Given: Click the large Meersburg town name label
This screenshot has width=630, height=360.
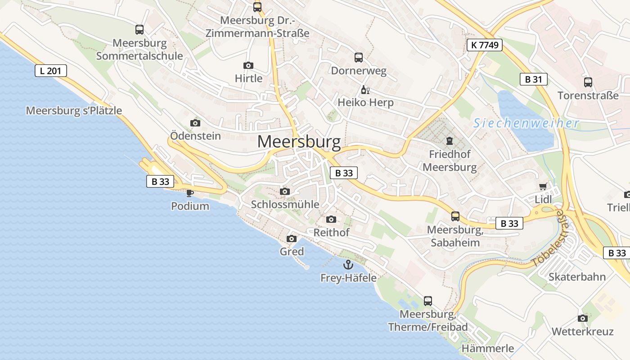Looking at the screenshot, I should coord(299,142).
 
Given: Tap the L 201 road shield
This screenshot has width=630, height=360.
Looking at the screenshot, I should coord(51,71).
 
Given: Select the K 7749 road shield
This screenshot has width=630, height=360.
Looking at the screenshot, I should coord(484,45).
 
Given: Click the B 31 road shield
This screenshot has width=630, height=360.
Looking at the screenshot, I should coord(533,80).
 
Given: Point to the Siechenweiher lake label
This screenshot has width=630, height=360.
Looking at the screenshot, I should coord(526,123).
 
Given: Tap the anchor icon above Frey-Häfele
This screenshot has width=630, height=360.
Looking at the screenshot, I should coord(348,264).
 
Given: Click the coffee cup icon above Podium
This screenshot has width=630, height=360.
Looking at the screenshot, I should coord(190,193).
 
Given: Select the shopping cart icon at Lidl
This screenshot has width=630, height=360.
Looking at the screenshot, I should coord(543,186).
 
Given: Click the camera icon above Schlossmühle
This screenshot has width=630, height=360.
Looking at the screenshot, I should coord(284,191).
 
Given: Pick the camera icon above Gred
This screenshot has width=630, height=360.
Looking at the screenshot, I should coord(292,238).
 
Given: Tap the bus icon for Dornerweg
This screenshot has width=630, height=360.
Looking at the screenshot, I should coord(359,58).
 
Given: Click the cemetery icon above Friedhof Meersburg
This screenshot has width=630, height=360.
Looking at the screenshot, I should coord(449,141).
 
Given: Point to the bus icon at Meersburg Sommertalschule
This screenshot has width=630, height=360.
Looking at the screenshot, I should coord(139,30).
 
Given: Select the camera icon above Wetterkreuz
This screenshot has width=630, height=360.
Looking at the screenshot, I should coord(582,318).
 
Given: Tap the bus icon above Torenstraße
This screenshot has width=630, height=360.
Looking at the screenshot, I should coord(588,82).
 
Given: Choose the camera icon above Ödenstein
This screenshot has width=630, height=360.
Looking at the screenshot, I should coord(195,123).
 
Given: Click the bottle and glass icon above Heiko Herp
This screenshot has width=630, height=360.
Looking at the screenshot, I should coord(365,90).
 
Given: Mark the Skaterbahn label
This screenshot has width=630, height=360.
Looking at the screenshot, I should coord(577,277).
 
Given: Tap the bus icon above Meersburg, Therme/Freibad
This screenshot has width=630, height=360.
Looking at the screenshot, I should coord(428,301).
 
